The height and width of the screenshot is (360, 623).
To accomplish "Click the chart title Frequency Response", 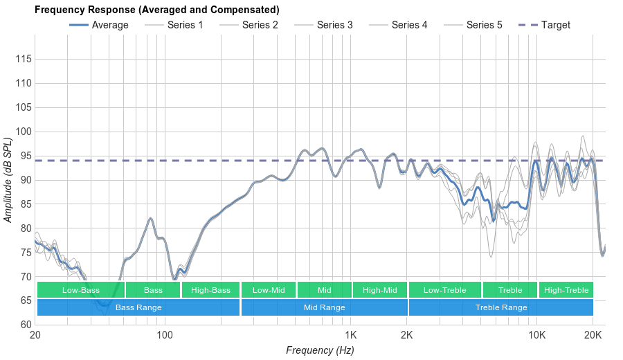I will click(156, 10).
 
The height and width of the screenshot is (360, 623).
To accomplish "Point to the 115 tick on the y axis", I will click(24, 60).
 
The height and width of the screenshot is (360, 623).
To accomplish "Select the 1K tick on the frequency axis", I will click(350, 334).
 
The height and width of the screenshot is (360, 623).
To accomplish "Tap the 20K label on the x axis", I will click(593, 334).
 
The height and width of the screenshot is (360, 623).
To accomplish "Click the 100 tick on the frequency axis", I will click(165, 334).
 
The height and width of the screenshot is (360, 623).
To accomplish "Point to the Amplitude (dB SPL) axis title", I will click(8, 180).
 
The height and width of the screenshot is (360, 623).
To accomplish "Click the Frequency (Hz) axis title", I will click(320, 350).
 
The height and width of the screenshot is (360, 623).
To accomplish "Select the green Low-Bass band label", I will click(80, 290).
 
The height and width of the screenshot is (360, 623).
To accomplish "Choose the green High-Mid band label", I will click(380, 290).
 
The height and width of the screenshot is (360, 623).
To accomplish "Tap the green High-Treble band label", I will click(566, 290).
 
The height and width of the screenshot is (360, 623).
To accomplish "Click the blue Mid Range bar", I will click(324, 307).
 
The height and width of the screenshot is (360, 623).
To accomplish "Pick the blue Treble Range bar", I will click(501, 307).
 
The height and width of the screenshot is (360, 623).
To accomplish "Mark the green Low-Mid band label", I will click(269, 290).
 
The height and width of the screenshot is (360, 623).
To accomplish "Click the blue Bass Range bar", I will click(138, 307).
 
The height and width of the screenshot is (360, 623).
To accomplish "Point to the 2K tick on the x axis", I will click(407, 334).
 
